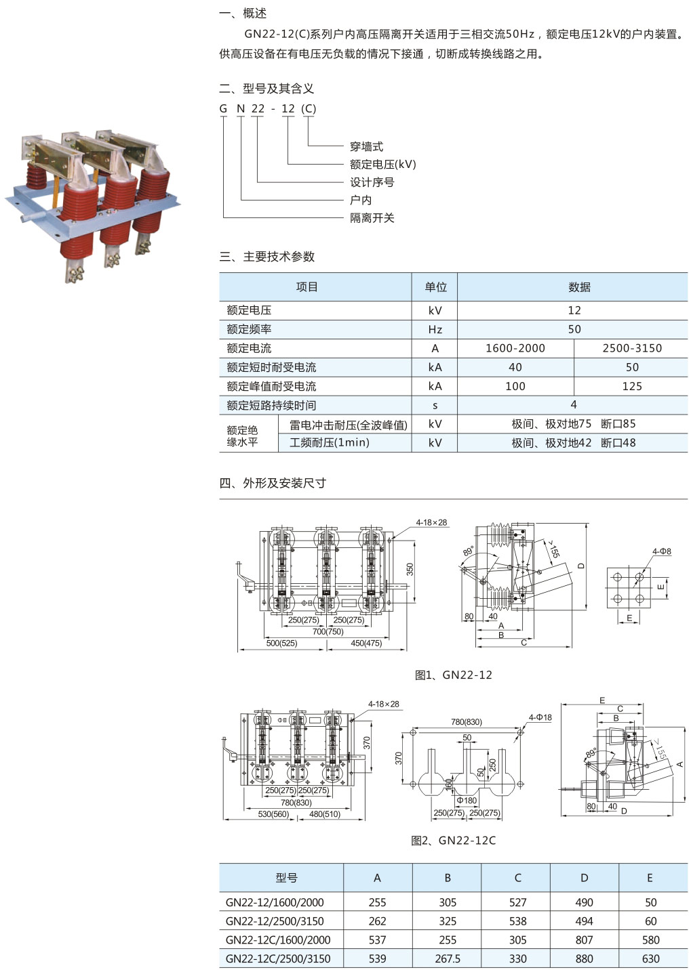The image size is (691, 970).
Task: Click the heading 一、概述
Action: (x=243, y=13)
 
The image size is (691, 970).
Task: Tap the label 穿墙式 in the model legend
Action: (x=366, y=146)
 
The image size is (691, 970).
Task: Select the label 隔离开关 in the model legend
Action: (x=372, y=217)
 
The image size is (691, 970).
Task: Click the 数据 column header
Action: (x=578, y=287)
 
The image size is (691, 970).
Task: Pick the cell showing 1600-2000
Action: (x=515, y=348)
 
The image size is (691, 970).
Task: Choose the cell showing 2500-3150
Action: (x=631, y=348)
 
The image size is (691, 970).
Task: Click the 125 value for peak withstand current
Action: (x=631, y=386)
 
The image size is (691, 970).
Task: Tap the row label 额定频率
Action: (x=249, y=329)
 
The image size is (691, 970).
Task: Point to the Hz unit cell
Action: (x=435, y=329)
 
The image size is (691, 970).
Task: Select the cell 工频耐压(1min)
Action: (x=329, y=442)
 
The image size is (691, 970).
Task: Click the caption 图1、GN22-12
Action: (x=453, y=675)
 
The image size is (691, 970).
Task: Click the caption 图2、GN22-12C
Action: (x=453, y=841)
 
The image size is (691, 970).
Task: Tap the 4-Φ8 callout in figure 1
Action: (x=661, y=551)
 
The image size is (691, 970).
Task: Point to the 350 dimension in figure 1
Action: (x=410, y=569)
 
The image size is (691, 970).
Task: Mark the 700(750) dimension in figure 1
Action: (x=328, y=631)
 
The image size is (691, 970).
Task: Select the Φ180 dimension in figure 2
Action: (x=467, y=800)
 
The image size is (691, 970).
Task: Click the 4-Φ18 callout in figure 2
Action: (x=540, y=717)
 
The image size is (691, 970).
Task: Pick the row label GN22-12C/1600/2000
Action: (x=278, y=940)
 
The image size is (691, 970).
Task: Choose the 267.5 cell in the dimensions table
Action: (x=447, y=958)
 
